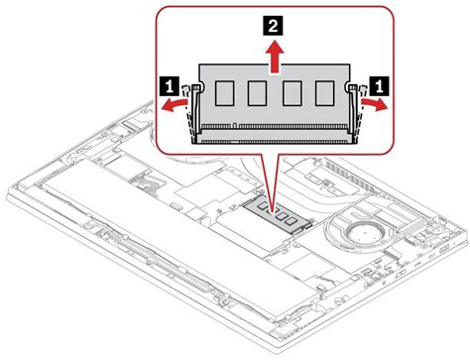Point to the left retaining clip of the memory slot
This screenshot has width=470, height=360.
coord(195,109)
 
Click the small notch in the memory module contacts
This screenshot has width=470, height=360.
coord(233,126)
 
